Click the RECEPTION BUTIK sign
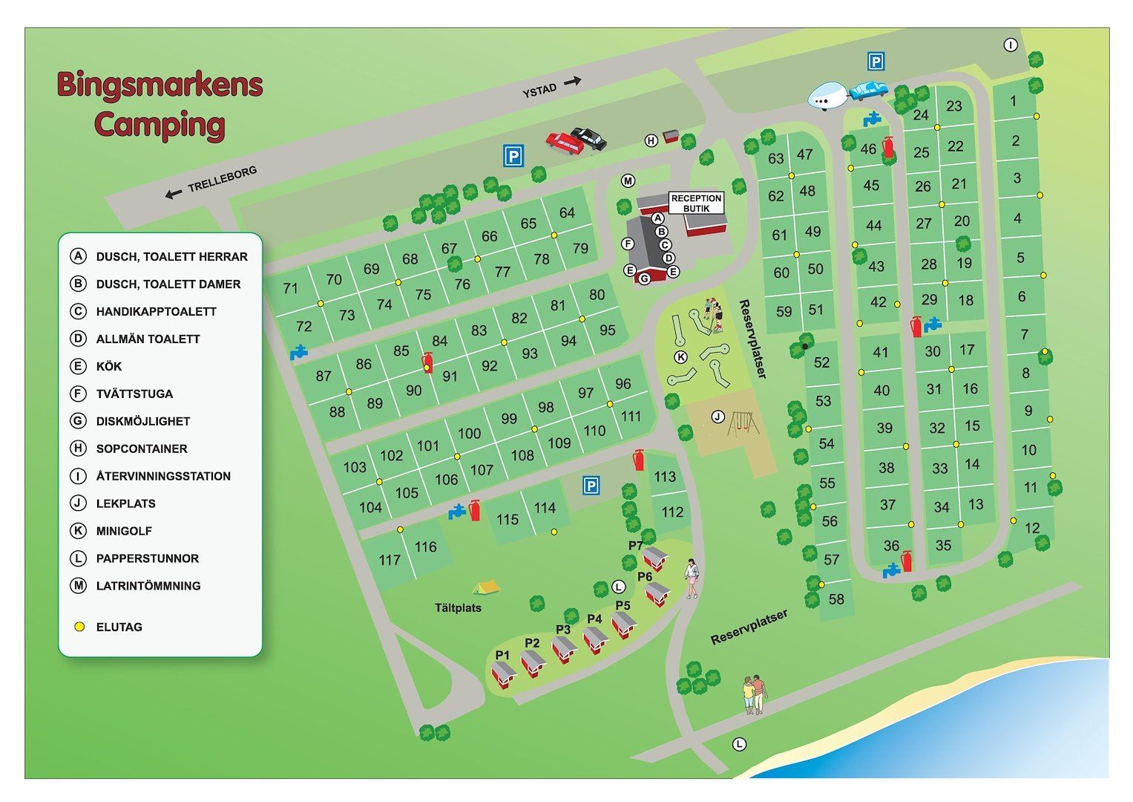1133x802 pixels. pos(696,203)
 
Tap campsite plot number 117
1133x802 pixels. pos(390,560)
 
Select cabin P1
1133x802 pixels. pos(505,674)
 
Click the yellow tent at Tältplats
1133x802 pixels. pos(486,587)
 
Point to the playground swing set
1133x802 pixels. pos(742,424)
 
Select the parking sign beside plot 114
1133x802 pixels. pos(591,486)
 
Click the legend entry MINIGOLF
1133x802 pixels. pos(123,531)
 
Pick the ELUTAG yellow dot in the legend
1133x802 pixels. pos(79,627)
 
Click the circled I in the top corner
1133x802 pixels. pos(1011,45)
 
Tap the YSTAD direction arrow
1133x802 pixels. pos(571,82)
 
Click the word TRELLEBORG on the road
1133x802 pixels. pos(222,179)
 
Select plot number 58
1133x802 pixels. pos(836,599)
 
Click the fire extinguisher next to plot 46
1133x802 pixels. pos(888,148)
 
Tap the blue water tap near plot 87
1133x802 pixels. pos(299,352)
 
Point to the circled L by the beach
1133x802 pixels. pos(739,744)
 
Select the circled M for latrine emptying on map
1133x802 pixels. pos(628,181)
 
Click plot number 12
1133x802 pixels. pos(1032,528)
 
